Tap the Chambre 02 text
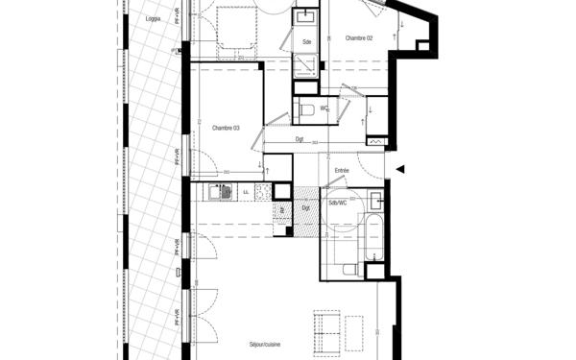pos(359,37)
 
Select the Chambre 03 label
pos(225,128)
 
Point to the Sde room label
pos(306,42)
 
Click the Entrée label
pos(341,170)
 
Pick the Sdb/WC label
pos(337,203)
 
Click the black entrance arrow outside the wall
pos(402,170)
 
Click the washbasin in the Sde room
pos(307,17)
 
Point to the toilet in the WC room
pos(307,110)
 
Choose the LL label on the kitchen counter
pos(246,192)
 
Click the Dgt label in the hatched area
pos(305,207)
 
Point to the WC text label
pos(324,108)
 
